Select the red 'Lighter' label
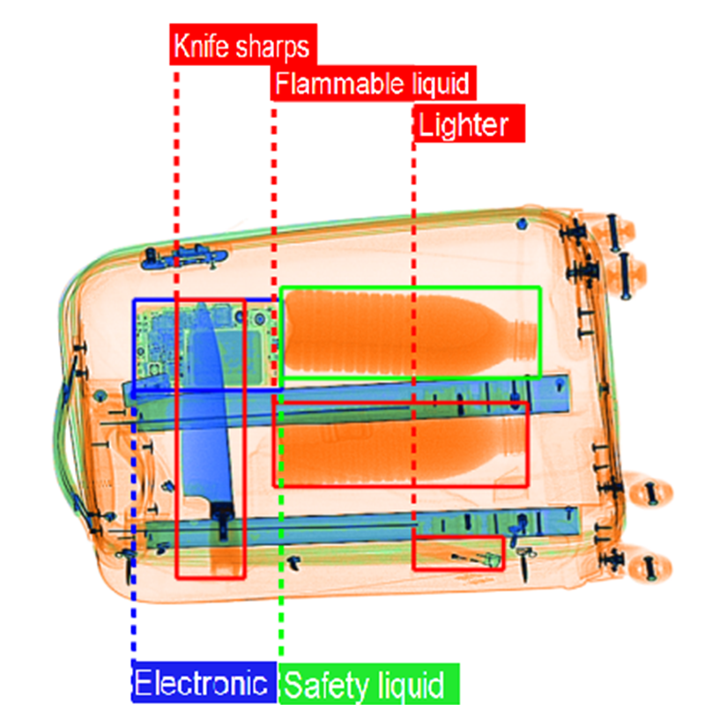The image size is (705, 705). (467, 124)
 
